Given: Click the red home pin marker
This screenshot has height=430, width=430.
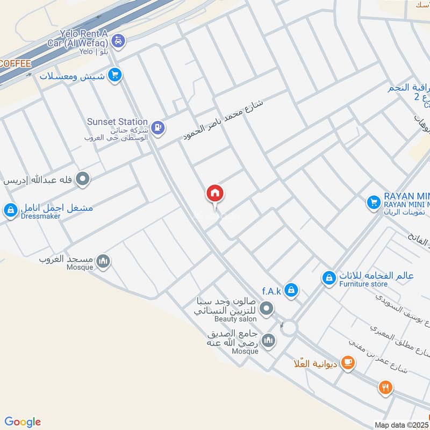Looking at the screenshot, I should click(x=215, y=193).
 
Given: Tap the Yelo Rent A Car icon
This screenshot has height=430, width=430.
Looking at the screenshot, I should click(x=119, y=40).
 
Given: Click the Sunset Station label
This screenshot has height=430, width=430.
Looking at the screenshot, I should click(x=117, y=121).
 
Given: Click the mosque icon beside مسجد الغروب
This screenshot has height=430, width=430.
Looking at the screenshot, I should click(x=103, y=262).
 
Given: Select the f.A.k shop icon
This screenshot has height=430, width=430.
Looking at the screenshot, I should click(x=291, y=290).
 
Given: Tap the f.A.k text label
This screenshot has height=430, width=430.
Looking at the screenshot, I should click(x=272, y=291).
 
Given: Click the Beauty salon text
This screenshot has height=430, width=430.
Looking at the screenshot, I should click(x=234, y=319).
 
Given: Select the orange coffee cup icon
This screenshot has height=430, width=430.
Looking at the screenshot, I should click(x=348, y=363).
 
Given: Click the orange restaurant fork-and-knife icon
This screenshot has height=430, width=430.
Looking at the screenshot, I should click(x=385, y=388).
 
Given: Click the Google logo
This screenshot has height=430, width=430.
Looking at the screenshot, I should click(x=23, y=422).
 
